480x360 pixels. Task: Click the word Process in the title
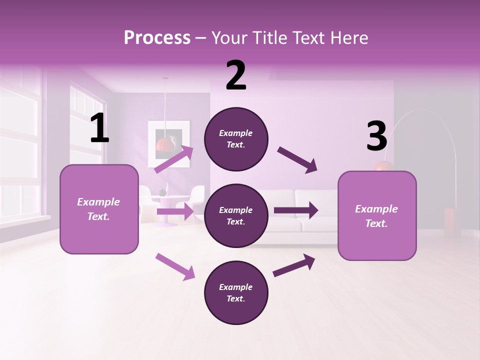pyautogui.click(x=157, y=37)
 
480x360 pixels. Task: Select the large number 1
pyautogui.click(x=99, y=128)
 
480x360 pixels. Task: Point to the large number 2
pyautogui.click(x=236, y=75)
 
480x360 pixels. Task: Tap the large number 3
pyautogui.click(x=376, y=136)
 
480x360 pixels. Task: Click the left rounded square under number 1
pyautogui.click(x=99, y=209)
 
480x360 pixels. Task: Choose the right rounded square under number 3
pyautogui.click(x=377, y=215)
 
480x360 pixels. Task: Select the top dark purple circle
pyautogui.click(x=236, y=139)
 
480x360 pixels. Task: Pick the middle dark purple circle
pyautogui.click(x=236, y=215)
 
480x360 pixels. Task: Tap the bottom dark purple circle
pyautogui.click(x=236, y=292)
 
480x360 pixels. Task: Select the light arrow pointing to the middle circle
pyautogui.click(x=175, y=211)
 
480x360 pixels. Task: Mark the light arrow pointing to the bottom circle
pyautogui.click(x=175, y=266)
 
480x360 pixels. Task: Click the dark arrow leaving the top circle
pyautogui.click(x=297, y=160)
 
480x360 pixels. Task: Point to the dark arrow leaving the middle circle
pyautogui.click(x=296, y=210)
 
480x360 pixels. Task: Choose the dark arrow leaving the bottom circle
pyautogui.click(x=294, y=265)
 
